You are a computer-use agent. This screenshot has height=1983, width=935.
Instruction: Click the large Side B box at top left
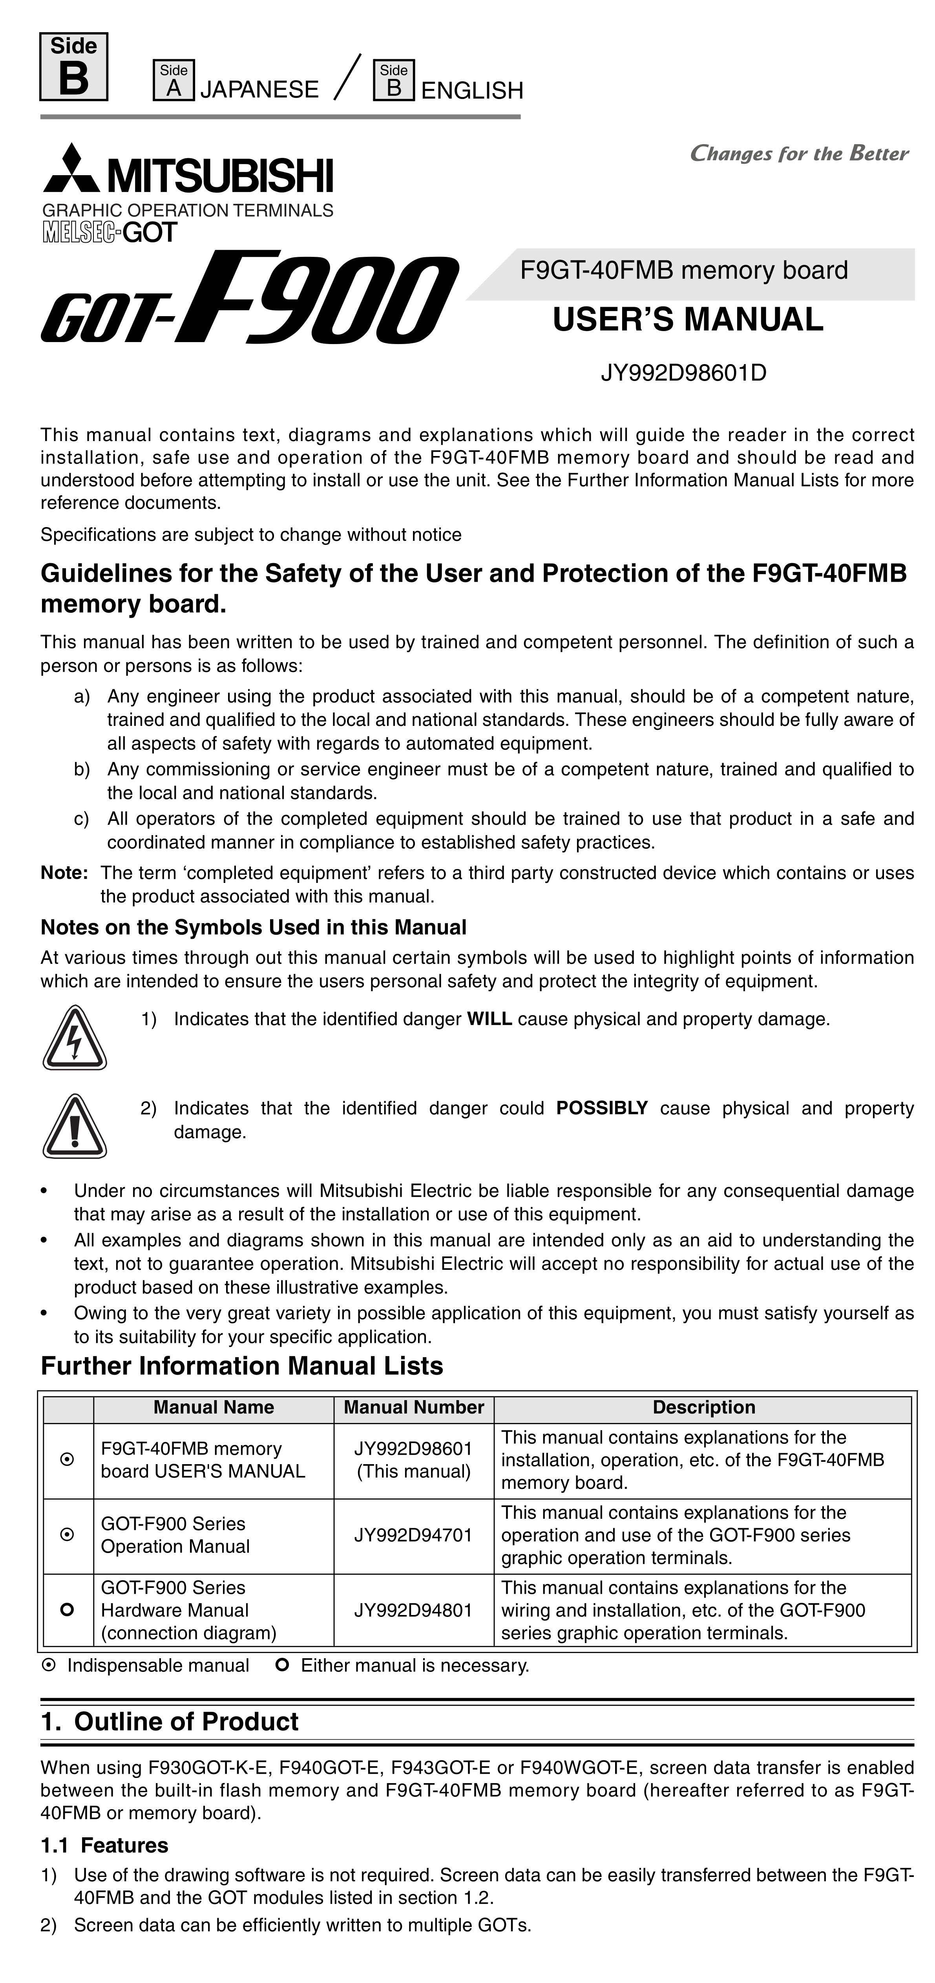tap(74, 67)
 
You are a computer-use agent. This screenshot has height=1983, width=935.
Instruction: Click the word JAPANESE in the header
tap(259, 90)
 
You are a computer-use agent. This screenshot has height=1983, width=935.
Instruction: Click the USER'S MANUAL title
tap(688, 319)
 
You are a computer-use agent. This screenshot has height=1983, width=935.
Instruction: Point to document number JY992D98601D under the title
tap(683, 374)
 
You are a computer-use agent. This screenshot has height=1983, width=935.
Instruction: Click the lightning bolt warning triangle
tap(75, 1038)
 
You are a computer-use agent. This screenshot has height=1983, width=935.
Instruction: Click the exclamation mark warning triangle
tap(75, 1126)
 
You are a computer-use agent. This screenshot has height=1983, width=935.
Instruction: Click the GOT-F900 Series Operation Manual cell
tap(175, 1535)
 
